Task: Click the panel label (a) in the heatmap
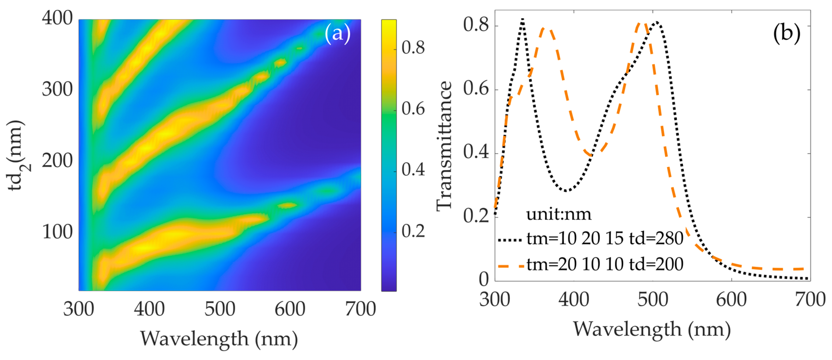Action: [337, 33]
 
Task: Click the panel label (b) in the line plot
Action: [787, 33]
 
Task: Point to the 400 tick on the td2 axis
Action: [57, 18]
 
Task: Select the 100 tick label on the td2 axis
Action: [57, 232]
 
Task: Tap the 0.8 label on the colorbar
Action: [413, 48]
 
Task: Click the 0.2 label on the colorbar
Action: [413, 231]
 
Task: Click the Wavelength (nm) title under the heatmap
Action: [219, 339]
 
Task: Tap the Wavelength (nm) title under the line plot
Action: [652, 329]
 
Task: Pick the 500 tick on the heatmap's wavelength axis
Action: [220, 309]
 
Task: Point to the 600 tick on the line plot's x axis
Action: [731, 300]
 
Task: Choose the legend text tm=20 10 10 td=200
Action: [605, 264]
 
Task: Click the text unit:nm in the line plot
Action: [559, 214]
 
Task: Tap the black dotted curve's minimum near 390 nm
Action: [566, 191]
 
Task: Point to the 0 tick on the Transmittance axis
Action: [484, 280]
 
